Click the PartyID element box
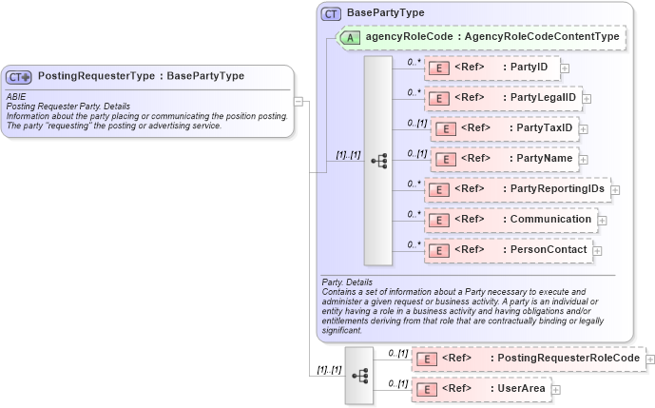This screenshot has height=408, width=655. [x=491, y=68]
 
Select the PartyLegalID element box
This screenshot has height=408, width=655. [x=502, y=97]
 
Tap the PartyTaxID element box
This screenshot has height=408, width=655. [x=504, y=127]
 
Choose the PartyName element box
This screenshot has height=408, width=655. [x=504, y=158]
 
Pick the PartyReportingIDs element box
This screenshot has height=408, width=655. [x=516, y=188]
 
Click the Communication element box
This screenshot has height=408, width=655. [x=510, y=220]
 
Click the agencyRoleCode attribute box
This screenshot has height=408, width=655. [x=481, y=37]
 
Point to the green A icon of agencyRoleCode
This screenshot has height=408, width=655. [x=350, y=37]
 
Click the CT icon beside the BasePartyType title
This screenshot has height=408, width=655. [x=331, y=13]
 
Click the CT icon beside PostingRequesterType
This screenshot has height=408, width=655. [x=19, y=76]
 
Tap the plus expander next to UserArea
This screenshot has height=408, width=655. [x=556, y=389]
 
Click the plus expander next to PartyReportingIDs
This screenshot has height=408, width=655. [x=615, y=189]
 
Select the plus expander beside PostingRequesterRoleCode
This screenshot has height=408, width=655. [x=650, y=358]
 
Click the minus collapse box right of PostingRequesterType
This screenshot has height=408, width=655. [x=299, y=101]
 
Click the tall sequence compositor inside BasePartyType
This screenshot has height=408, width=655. [x=378, y=160]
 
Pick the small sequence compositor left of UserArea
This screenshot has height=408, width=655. [x=359, y=375]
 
